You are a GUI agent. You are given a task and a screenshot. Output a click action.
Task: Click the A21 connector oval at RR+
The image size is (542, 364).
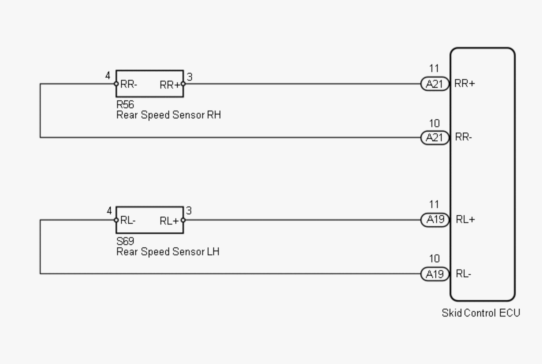(x=435, y=84)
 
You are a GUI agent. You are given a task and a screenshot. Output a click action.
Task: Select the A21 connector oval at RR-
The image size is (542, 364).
(x=435, y=138)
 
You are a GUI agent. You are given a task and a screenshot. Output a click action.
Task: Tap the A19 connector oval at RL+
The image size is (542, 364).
(x=435, y=220)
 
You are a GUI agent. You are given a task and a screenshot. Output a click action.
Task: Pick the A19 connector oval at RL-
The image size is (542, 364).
(x=435, y=274)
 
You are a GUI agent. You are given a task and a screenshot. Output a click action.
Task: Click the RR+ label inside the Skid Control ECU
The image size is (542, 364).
(x=464, y=84)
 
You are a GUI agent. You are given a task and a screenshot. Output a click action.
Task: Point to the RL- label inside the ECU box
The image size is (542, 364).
(x=463, y=274)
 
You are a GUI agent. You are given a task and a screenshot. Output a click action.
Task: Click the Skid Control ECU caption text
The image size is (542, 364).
(x=481, y=313)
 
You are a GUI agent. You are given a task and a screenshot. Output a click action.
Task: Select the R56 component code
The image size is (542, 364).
(x=125, y=104)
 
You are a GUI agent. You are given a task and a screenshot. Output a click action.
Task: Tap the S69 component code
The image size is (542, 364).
(x=125, y=241)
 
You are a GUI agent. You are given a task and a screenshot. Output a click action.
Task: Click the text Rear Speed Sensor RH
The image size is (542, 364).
(x=168, y=115)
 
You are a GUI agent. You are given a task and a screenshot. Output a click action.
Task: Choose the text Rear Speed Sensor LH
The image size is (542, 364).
(x=168, y=252)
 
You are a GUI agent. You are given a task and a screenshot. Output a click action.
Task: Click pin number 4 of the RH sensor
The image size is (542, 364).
(x=108, y=76)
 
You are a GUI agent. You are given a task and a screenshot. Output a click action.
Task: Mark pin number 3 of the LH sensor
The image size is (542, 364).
(x=189, y=211)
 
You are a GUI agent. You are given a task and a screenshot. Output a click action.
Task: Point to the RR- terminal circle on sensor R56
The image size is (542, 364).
(x=116, y=84)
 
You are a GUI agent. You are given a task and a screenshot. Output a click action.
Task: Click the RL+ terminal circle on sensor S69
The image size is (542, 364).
(x=183, y=220)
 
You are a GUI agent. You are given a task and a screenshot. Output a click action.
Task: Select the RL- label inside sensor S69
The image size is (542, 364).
(x=128, y=220)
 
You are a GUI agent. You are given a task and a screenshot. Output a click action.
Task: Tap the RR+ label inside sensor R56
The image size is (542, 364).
(x=169, y=85)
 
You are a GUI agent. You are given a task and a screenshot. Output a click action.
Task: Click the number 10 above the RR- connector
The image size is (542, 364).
(x=434, y=123)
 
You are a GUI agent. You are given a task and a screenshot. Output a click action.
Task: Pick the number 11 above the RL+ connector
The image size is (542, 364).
(x=434, y=204)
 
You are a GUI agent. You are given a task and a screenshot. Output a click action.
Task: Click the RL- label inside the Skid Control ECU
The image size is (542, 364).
(x=463, y=274)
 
